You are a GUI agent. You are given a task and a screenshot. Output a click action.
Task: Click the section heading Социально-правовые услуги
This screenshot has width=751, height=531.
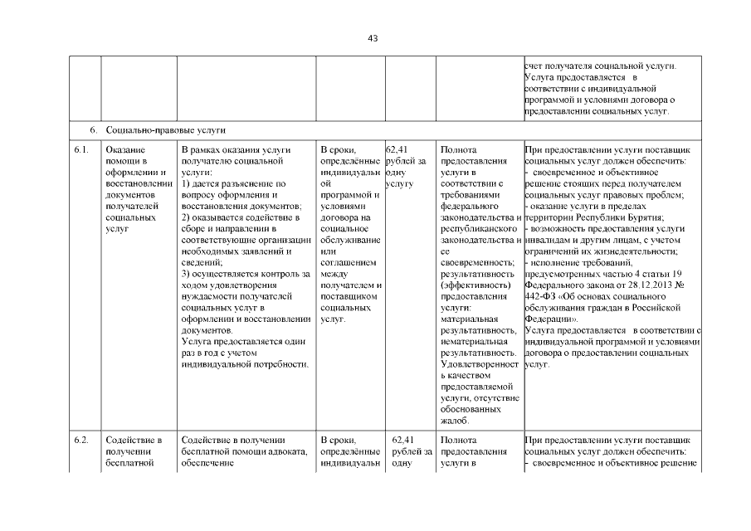pos(166,131)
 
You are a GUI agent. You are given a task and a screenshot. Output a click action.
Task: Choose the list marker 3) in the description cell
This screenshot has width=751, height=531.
pos(186,274)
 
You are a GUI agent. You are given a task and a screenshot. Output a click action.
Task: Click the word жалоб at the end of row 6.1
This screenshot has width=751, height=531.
pos(456,421)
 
